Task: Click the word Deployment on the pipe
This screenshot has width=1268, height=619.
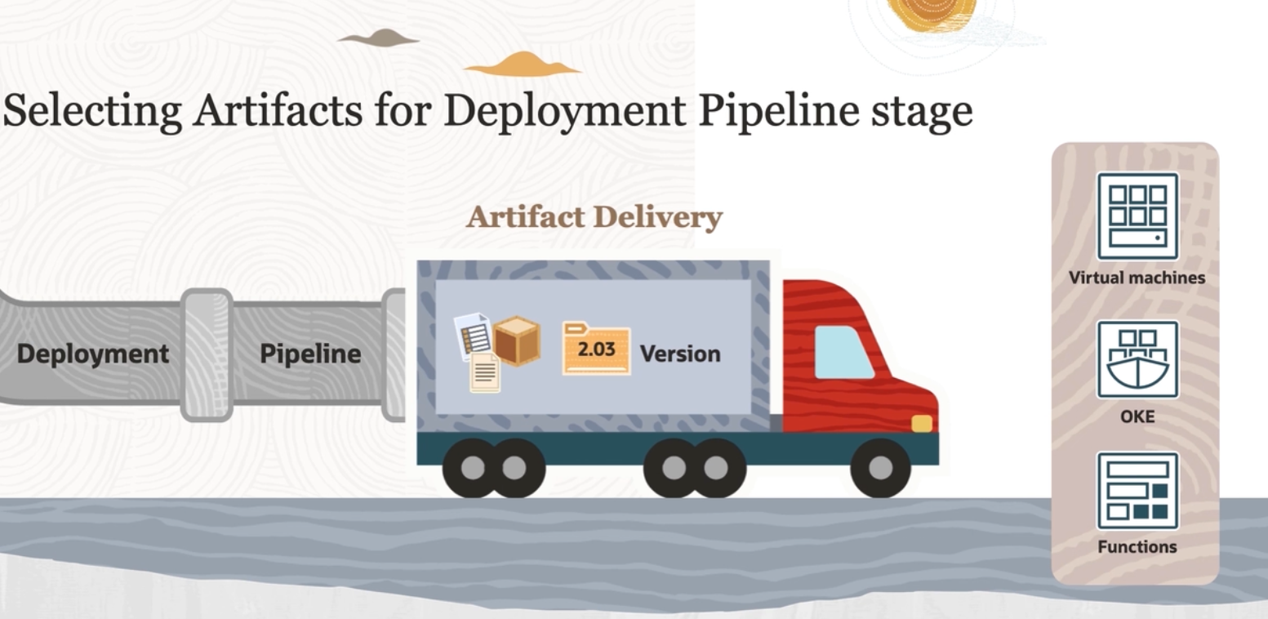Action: tap(93, 354)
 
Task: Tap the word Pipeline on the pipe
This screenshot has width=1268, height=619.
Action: tap(310, 354)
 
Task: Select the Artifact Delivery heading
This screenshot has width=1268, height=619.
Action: tap(594, 217)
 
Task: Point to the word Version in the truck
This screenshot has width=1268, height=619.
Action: tap(680, 354)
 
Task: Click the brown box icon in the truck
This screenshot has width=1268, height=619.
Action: tap(516, 341)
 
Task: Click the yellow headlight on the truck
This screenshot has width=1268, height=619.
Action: tap(922, 423)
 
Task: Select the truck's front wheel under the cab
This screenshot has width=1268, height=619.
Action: tap(880, 467)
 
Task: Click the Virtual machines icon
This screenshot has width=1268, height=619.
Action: tap(1137, 216)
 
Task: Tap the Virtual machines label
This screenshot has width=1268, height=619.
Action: tap(1137, 278)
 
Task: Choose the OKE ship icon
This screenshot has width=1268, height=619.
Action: tap(1137, 359)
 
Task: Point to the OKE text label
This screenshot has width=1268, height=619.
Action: tap(1137, 416)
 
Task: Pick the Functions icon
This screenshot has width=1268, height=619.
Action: tap(1137, 491)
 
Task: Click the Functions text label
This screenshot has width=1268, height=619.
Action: tap(1137, 547)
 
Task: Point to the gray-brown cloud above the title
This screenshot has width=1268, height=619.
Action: tap(379, 38)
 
